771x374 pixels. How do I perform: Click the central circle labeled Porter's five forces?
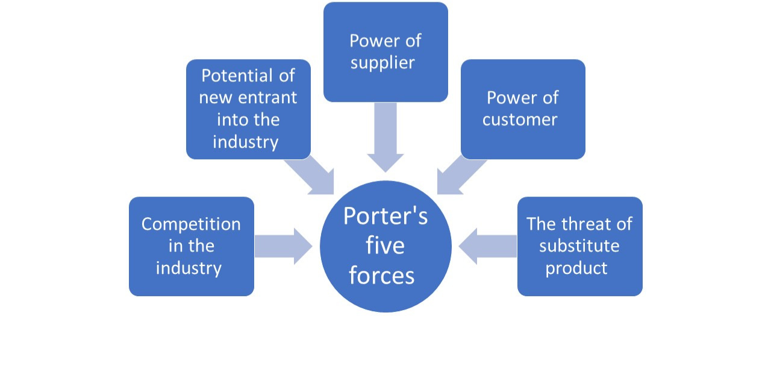click(385, 246)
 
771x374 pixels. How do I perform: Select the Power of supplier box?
click(385, 52)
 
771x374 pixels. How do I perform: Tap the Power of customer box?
click(523, 109)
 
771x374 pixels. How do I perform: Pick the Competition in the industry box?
click(192, 246)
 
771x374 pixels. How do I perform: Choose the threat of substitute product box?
click(579, 246)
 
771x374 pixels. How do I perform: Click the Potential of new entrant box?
click(248, 109)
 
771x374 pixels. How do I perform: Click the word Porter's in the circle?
click(385, 215)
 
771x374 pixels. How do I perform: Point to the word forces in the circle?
click(382, 275)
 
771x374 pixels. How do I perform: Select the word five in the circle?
click(385, 246)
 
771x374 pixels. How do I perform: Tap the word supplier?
click(382, 63)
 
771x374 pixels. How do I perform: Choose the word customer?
click(520, 119)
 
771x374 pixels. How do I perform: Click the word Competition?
click(191, 224)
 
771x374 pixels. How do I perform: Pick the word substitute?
click(579, 246)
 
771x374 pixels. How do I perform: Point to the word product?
click(576, 268)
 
